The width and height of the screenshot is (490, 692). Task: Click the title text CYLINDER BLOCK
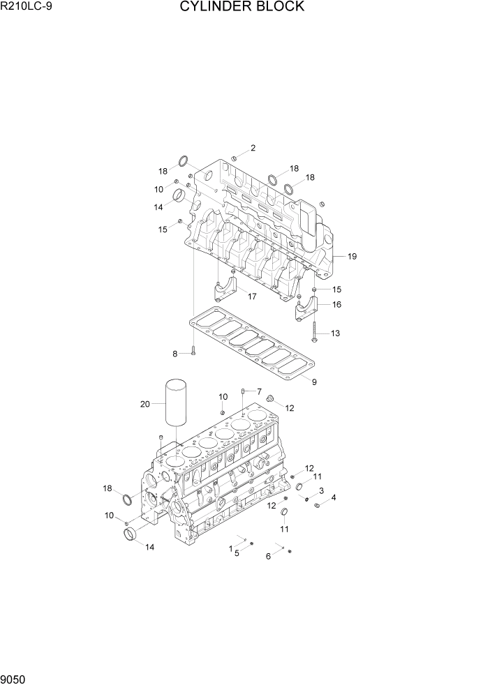[x=242, y=7]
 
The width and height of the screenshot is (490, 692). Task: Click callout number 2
[x=253, y=148]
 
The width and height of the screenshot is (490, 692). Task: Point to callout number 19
[x=352, y=257]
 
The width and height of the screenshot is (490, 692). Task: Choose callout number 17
[x=252, y=296]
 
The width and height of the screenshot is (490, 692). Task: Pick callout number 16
[x=336, y=305]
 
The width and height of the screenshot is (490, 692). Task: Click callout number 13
[x=335, y=333]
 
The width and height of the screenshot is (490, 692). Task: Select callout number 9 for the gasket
[x=314, y=382]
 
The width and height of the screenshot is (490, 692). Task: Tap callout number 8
[x=175, y=354]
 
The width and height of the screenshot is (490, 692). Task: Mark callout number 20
[x=144, y=404]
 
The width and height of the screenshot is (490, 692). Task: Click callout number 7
[x=258, y=391]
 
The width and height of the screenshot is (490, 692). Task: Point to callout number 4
[x=334, y=497]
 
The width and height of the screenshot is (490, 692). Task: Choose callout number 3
[x=320, y=491]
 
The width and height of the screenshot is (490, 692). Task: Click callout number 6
[x=268, y=556]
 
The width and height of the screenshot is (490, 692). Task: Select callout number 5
[x=237, y=553]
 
